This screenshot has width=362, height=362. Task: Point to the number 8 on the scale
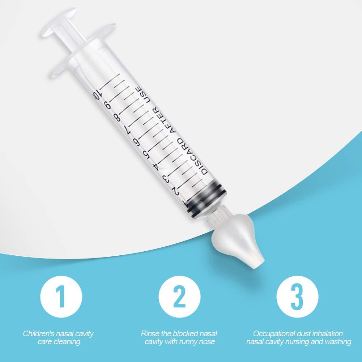[x=116, y=118]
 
